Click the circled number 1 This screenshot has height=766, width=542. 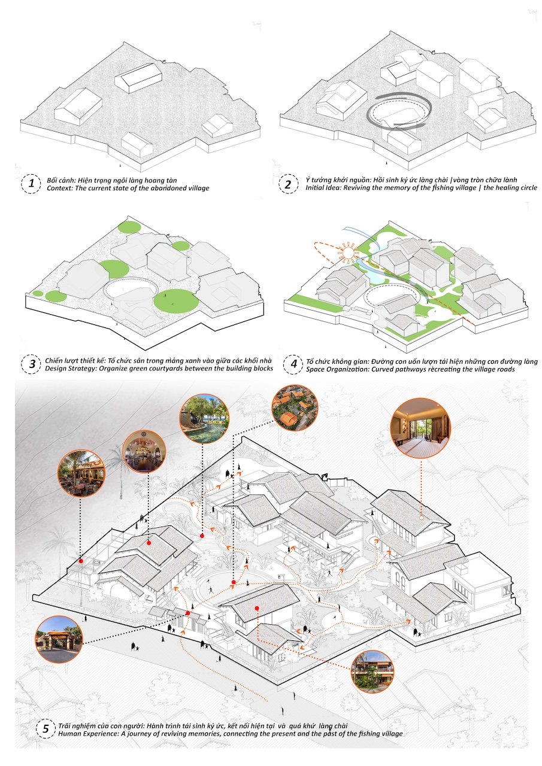click(29, 184)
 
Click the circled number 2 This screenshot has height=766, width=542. click(288, 184)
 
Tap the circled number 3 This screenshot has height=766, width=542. click(29, 364)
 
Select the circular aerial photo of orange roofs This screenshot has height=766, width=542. click(295, 408)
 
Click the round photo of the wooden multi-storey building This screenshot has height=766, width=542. click(372, 671)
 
